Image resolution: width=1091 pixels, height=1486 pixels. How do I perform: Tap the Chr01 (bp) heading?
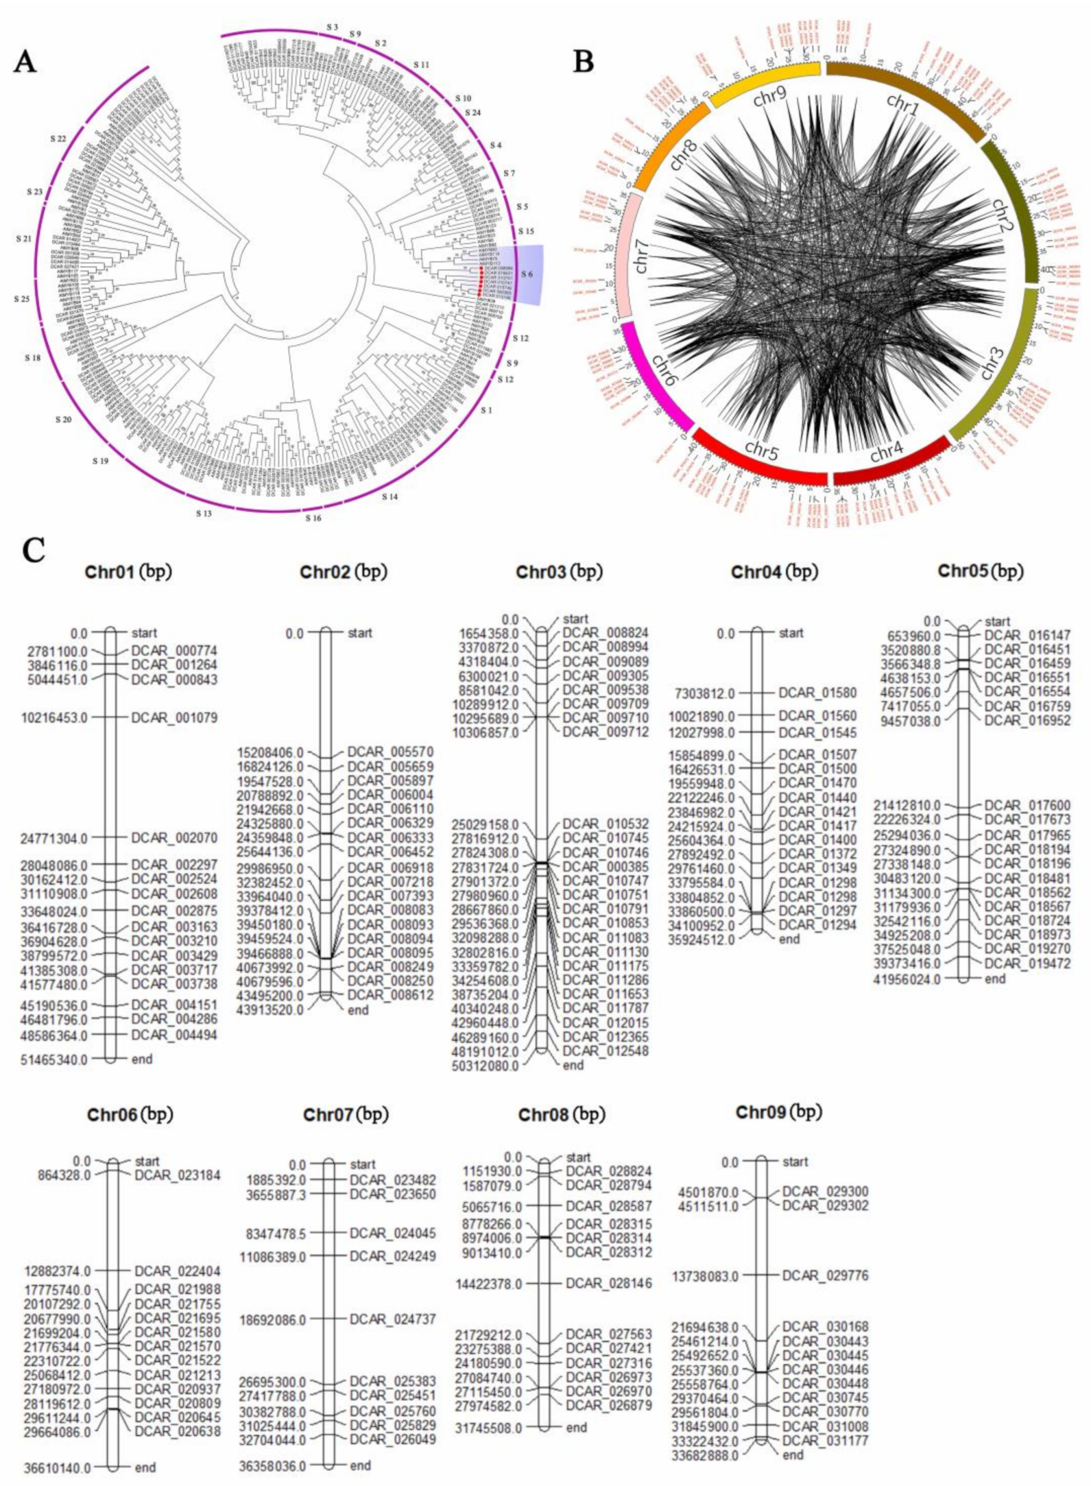pos(128,572)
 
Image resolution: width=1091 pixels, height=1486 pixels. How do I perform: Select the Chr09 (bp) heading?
pos(778,1112)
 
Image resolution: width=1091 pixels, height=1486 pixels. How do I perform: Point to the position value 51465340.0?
pos(56,1059)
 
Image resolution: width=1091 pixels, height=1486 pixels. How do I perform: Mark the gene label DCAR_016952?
pos(1027,721)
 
